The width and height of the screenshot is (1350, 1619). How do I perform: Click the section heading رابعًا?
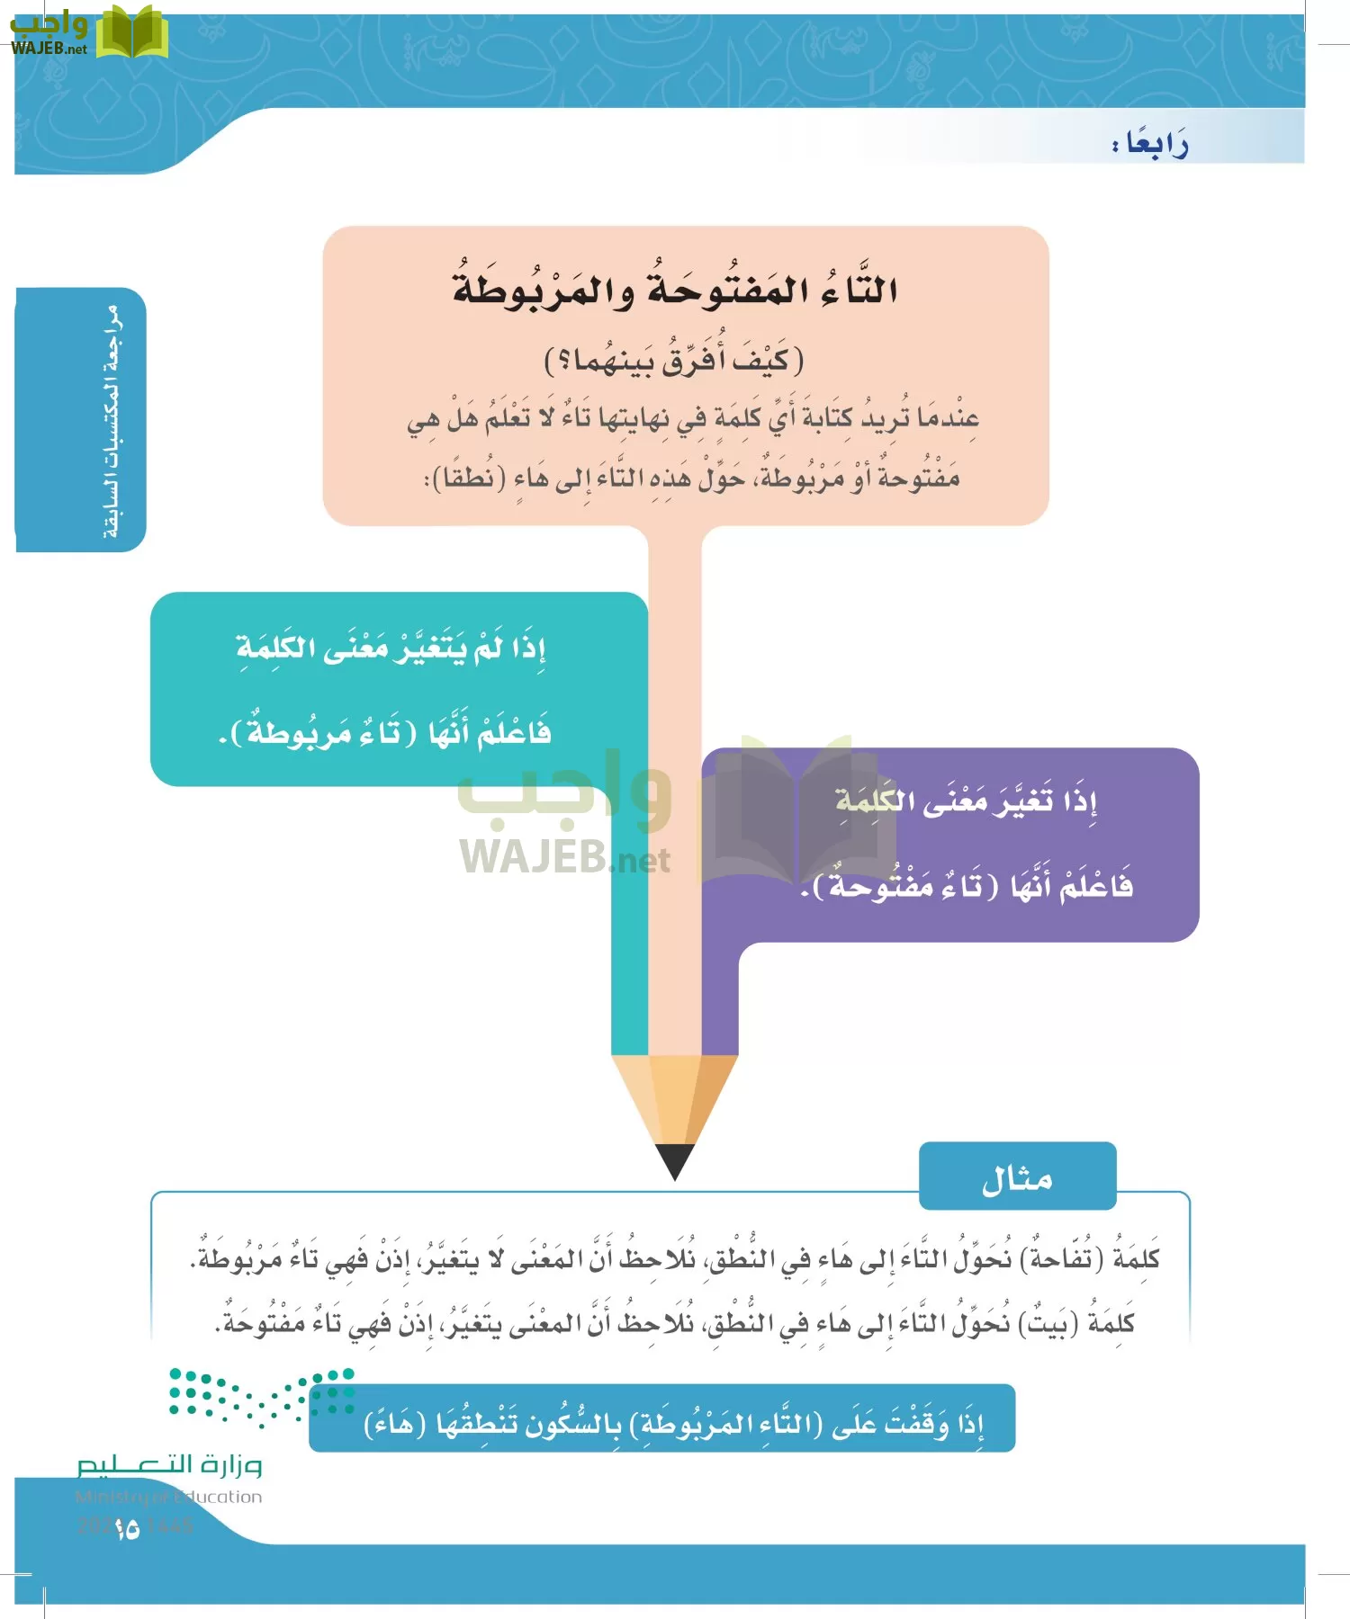coord(1151,144)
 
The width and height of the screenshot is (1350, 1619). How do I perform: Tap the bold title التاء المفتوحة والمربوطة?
coord(675,290)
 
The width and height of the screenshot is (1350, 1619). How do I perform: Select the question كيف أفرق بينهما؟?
coord(674,361)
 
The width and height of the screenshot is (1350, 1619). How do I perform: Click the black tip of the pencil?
coord(675,1160)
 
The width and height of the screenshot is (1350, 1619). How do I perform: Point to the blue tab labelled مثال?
coord(1017,1177)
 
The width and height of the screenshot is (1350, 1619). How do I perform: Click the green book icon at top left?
coord(132,33)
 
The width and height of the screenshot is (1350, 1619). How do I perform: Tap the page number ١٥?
coord(127,1528)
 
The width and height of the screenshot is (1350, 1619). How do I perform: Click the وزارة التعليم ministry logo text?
coord(169,1465)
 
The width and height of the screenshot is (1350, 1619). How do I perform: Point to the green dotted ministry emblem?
coord(261,1396)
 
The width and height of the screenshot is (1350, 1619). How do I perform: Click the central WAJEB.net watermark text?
coord(565,857)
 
